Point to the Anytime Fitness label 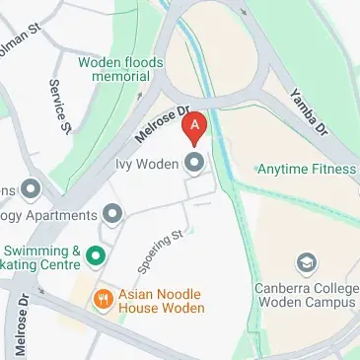(306, 170)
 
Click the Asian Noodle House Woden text (161, 301)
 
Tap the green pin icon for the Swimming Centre (96, 257)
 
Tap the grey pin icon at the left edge (31, 187)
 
